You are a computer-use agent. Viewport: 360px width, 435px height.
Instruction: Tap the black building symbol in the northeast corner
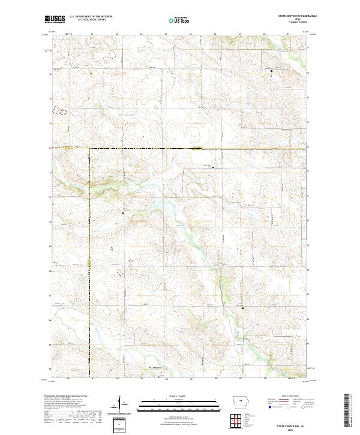271,71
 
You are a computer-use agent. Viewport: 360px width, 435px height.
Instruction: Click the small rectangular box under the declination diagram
119,425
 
